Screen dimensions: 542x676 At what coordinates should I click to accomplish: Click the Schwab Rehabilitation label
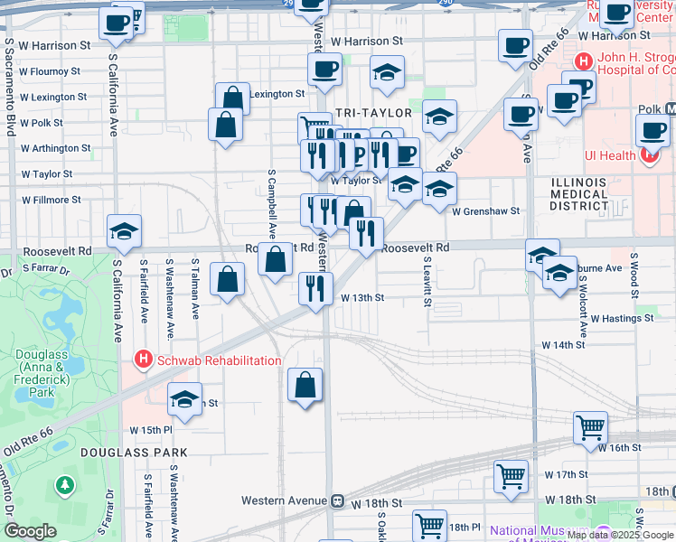[x=219, y=360]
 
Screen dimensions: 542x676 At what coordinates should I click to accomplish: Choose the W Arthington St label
[x=55, y=147]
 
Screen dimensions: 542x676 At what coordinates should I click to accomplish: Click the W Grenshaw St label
[x=486, y=210]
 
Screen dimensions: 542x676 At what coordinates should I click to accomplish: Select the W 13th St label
[x=362, y=297]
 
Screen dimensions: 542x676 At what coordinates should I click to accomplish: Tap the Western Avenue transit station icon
[x=337, y=500]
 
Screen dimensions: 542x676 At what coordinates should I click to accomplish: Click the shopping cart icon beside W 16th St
[x=590, y=425]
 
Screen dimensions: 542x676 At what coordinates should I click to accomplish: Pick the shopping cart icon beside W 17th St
[x=511, y=474]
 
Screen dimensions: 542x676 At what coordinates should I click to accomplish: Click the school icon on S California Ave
[x=124, y=231]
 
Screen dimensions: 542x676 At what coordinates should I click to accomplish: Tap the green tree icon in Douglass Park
[x=64, y=486]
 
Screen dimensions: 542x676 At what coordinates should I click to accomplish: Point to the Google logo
[x=31, y=531]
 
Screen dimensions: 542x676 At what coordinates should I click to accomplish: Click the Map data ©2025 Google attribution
[x=620, y=535]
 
